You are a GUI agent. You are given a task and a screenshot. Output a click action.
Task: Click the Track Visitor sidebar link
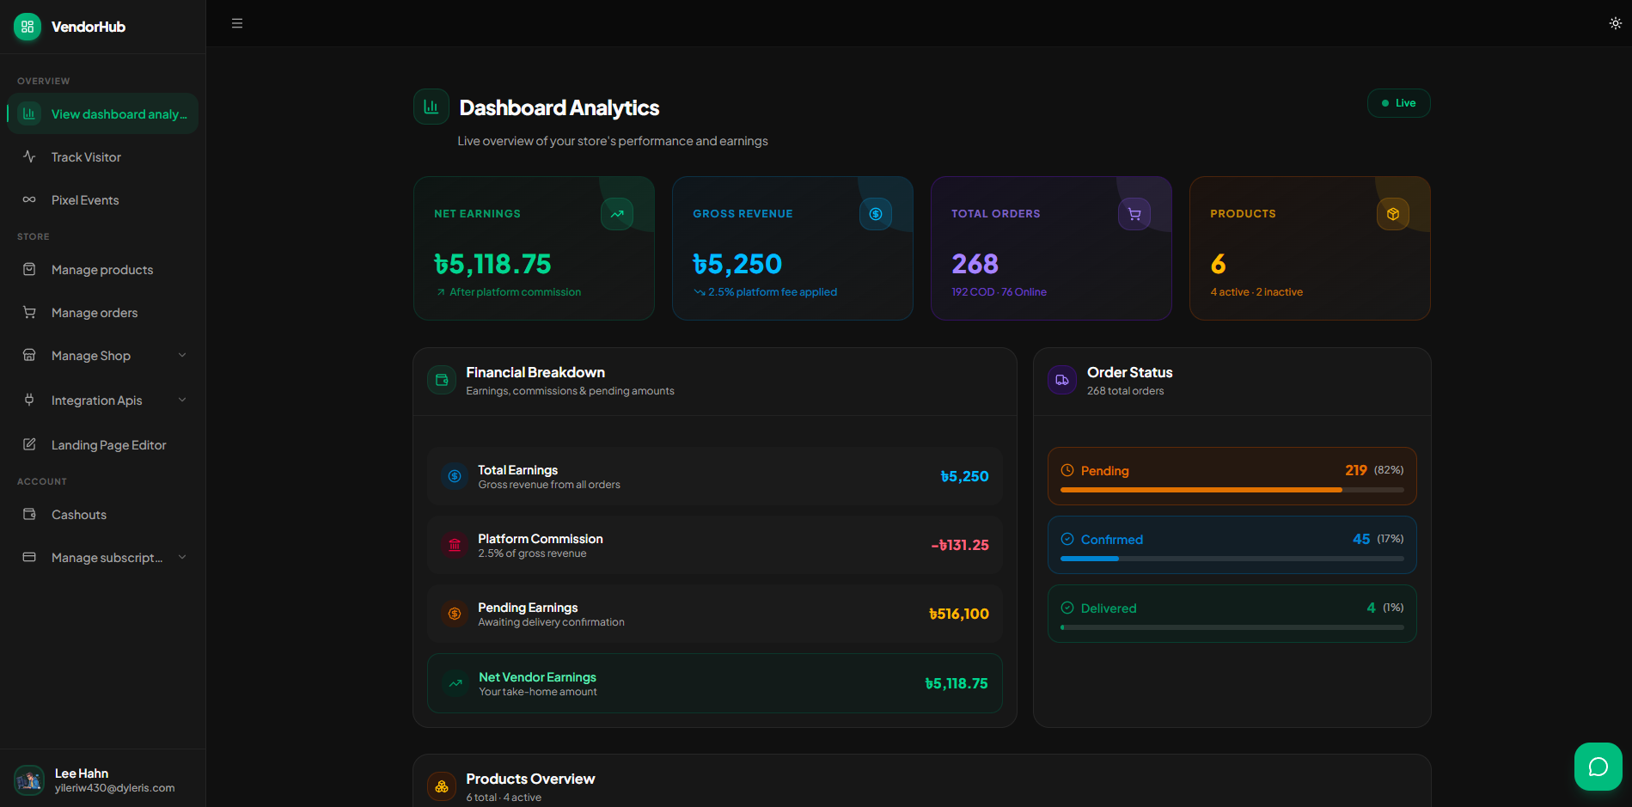[x=86, y=157]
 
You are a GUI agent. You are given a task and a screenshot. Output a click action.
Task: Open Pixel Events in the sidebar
[x=85, y=200]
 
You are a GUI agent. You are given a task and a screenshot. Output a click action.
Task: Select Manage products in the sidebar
[x=102, y=270]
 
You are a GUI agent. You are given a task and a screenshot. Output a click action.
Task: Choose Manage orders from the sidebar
[x=95, y=313]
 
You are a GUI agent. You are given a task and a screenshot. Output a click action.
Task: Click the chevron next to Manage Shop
[x=182, y=355]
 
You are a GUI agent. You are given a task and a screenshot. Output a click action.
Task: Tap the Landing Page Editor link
[x=108, y=445]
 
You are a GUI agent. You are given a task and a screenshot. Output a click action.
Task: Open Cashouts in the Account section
[x=79, y=515]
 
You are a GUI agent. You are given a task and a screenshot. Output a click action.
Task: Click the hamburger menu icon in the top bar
[x=237, y=23]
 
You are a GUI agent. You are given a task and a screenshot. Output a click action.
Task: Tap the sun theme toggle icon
[x=1616, y=23]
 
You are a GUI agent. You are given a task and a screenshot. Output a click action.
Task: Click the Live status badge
[x=1398, y=103]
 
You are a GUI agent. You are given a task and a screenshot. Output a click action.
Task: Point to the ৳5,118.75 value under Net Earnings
[x=492, y=264]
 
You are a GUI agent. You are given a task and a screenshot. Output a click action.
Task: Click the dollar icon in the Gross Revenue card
[x=876, y=214]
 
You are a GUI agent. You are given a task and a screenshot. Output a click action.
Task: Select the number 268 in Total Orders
[x=975, y=264]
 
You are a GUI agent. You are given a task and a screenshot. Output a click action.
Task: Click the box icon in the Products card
[x=1393, y=214]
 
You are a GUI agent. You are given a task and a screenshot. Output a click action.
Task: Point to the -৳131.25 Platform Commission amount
[x=960, y=545]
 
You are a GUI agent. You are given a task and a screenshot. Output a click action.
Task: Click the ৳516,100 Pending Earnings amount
[x=959, y=614]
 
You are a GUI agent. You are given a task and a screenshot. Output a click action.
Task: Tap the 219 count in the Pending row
[x=1356, y=470]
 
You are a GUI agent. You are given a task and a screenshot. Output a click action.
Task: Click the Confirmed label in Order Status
[x=1112, y=540]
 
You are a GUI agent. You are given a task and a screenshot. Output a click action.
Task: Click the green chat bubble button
[x=1598, y=767]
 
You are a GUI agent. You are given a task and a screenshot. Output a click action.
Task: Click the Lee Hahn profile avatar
[x=29, y=780]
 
